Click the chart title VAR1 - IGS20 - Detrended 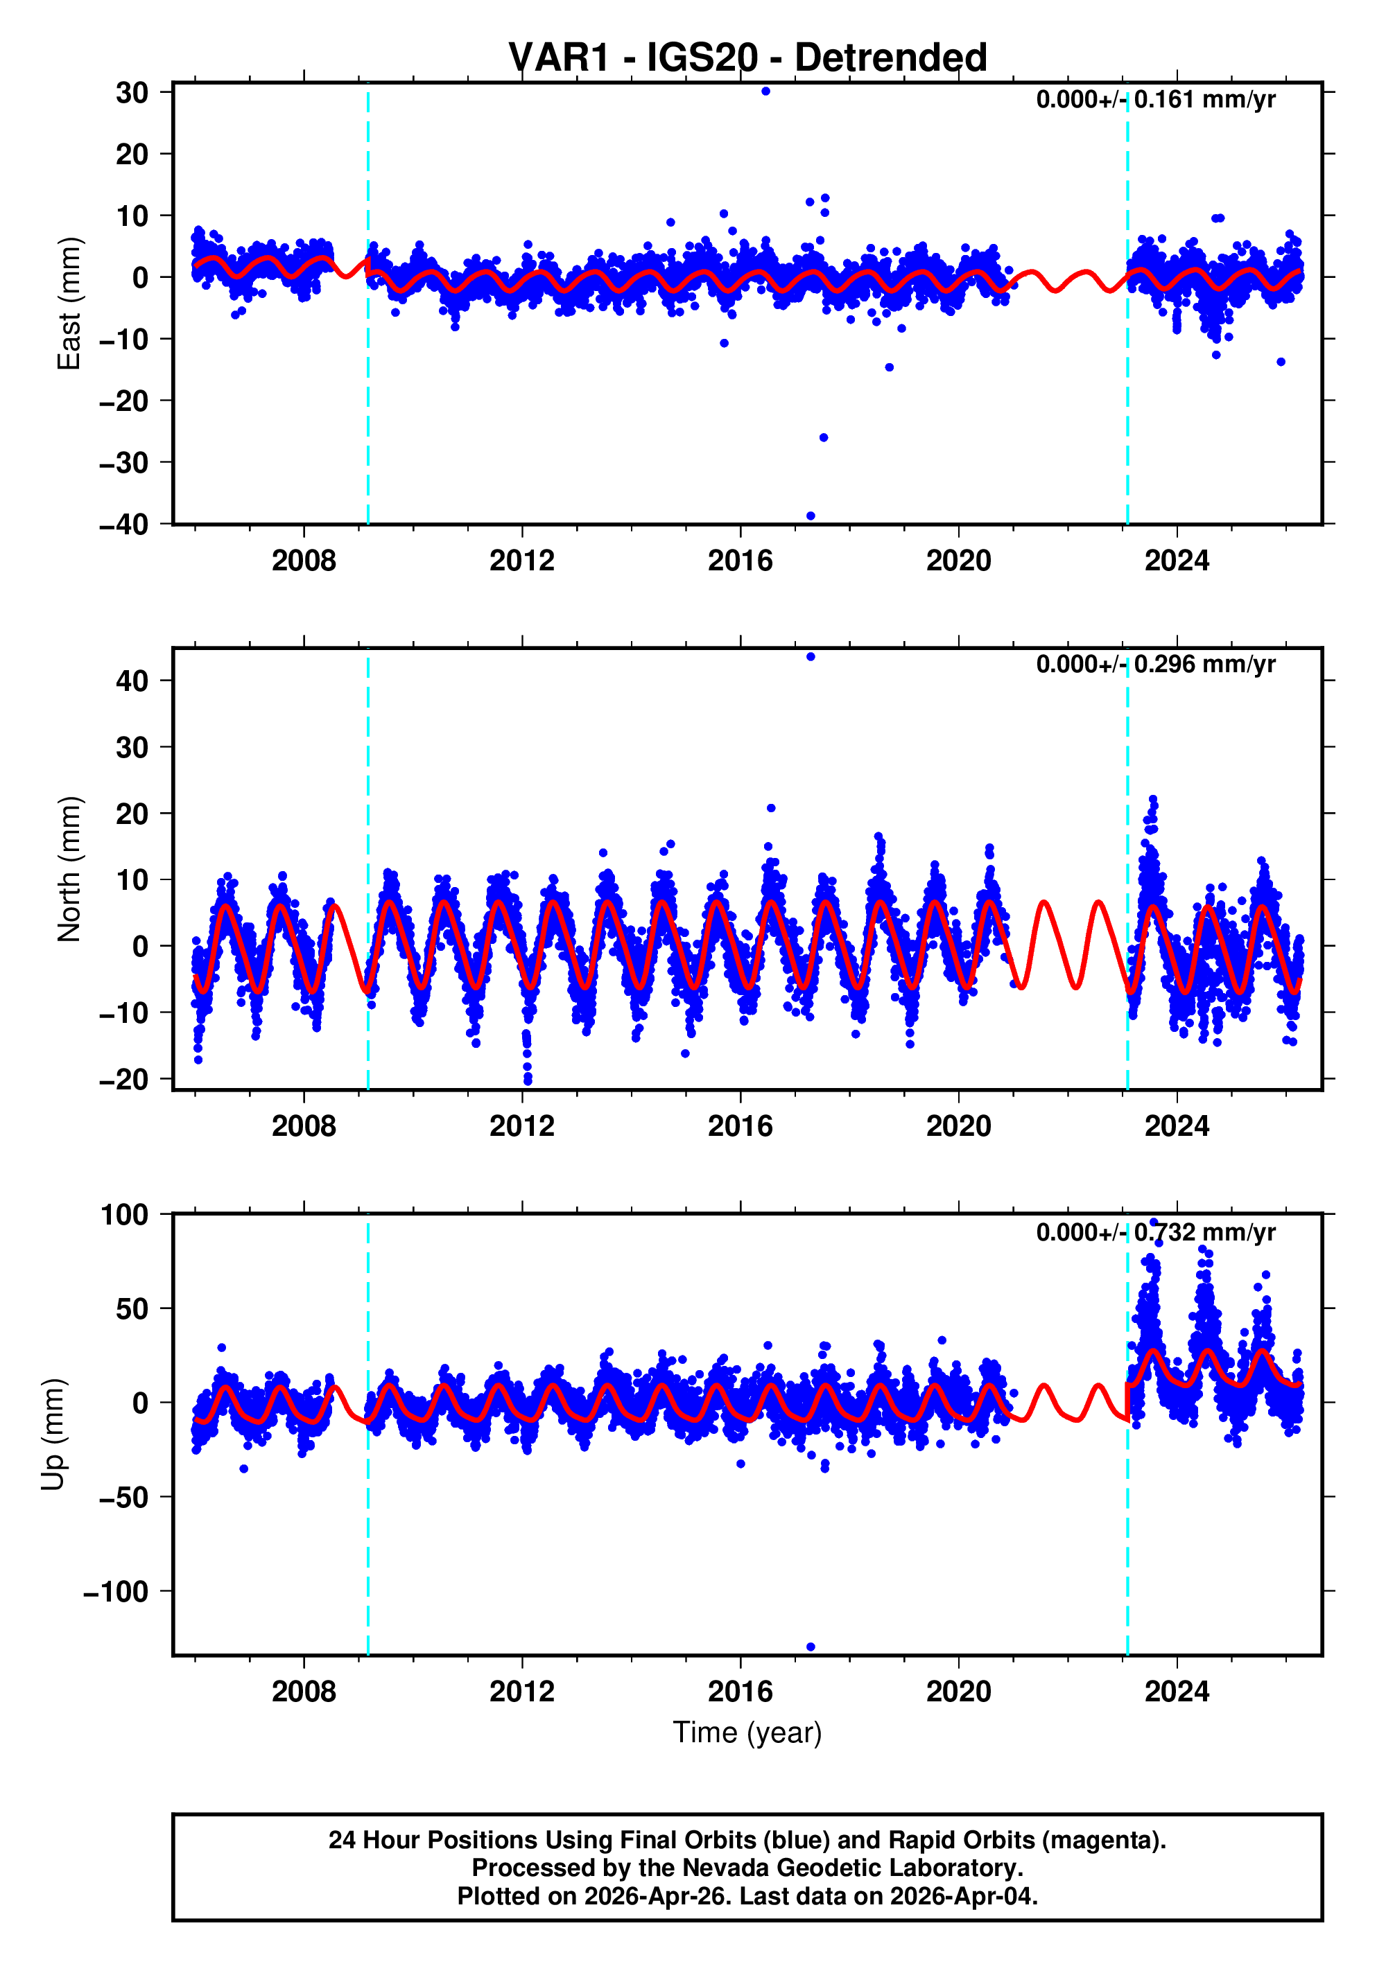(747, 58)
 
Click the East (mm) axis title (69, 304)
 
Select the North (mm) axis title (69, 869)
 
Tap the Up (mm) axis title (53, 1435)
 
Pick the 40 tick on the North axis (132, 681)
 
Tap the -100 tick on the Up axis (116, 1592)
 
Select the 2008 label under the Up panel (304, 1692)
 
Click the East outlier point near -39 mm (811, 516)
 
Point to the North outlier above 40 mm (811, 657)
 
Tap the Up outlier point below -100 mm (811, 1647)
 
